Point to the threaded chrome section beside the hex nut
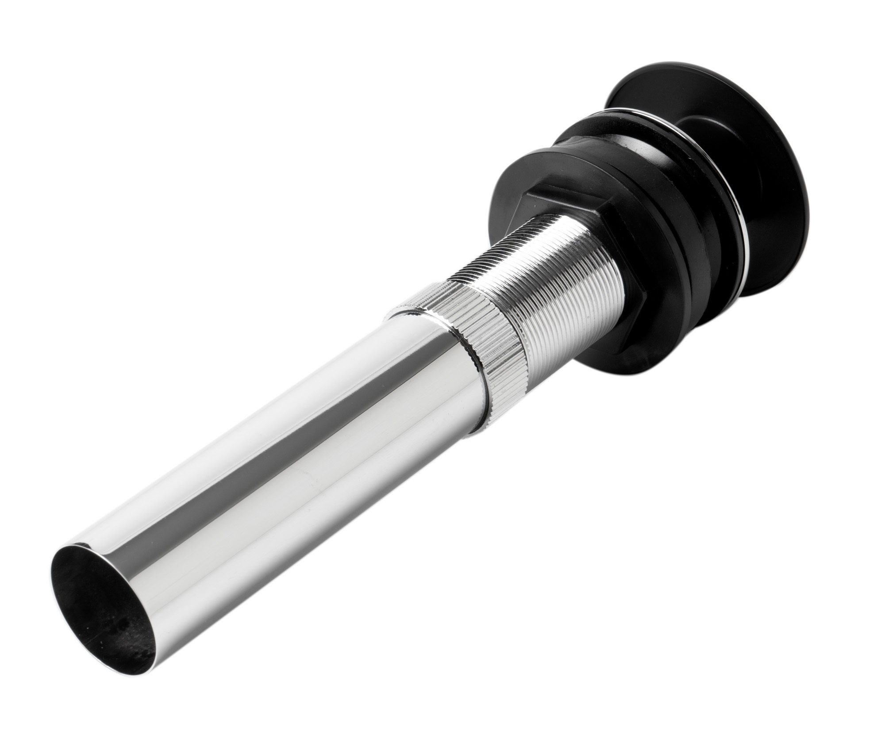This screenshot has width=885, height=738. (x=540, y=274)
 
